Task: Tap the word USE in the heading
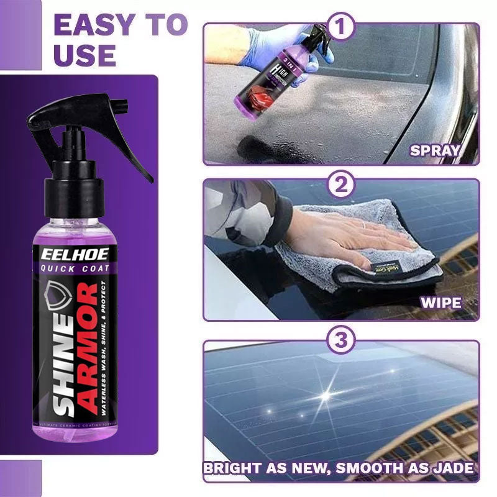84,55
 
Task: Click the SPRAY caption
435,150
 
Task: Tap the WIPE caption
440,304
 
